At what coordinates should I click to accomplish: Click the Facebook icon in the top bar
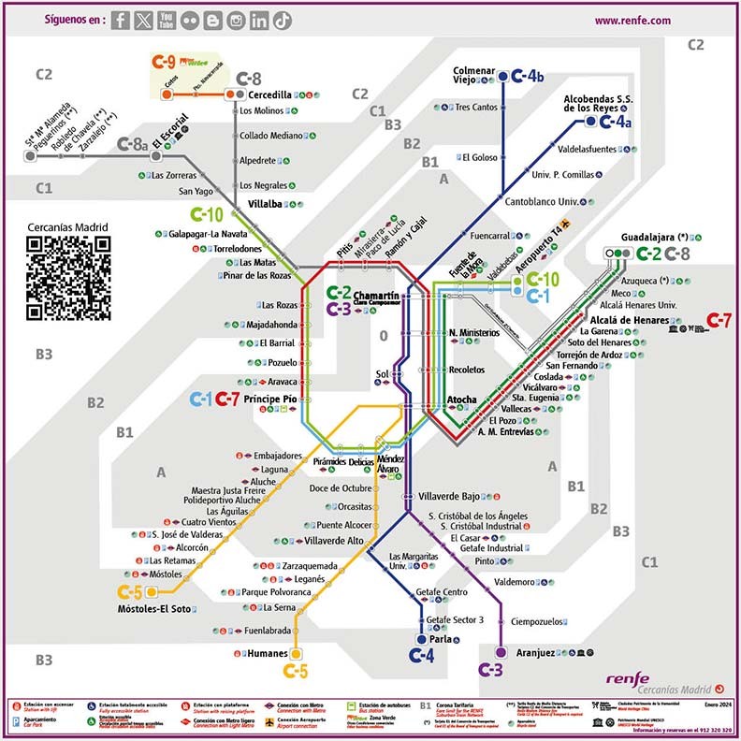(x=120, y=21)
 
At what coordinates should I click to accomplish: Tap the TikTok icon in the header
(x=283, y=21)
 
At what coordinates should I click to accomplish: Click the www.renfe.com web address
(x=632, y=21)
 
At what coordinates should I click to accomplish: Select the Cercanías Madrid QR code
(x=67, y=278)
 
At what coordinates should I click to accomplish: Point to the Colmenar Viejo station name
(x=473, y=76)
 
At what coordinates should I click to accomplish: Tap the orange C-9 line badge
(x=164, y=62)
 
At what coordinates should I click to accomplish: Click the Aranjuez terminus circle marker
(x=501, y=652)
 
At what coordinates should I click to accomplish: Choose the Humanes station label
(x=265, y=654)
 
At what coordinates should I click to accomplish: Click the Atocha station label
(x=462, y=400)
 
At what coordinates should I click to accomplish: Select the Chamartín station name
(x=376, y=296)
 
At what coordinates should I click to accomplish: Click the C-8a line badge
(x=133, y=144)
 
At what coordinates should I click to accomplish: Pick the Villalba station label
(x=265, y=205)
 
